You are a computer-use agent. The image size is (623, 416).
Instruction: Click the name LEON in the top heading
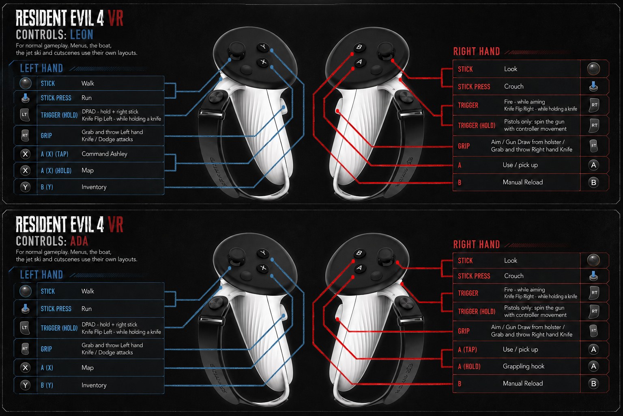click(82, 35)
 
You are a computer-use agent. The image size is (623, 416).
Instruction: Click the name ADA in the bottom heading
click(79, 241)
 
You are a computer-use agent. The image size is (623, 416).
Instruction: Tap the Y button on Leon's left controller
click(263, 47)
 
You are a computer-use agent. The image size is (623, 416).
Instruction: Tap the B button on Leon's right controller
click(359, 47)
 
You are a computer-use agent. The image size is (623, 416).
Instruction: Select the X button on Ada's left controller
click(263, 268)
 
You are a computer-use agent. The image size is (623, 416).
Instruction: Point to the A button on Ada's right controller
click(359, 268)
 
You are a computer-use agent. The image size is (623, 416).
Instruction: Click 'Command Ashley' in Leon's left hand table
click(104, 154)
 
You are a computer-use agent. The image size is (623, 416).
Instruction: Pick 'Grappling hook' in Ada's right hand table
click(524, 366)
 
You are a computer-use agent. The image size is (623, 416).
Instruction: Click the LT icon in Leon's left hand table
click(25, 115)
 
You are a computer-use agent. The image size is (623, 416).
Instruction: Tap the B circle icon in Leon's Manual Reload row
click(593, 182)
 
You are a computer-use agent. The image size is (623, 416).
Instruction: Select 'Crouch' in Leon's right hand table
click(514, 87)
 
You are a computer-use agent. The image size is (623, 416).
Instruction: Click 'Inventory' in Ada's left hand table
click(94, 385)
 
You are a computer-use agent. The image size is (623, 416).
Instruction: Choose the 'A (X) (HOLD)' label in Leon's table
click(56, 171)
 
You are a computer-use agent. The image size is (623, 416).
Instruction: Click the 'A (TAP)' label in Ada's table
click(467, 349)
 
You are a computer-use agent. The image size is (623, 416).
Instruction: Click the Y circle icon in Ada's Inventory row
click(25, 385)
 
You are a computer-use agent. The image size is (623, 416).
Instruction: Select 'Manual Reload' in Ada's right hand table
click(523, 383)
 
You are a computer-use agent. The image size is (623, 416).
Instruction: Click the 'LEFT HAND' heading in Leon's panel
click(41, 68)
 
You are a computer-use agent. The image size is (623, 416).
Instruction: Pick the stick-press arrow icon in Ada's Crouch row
click(593, 276)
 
